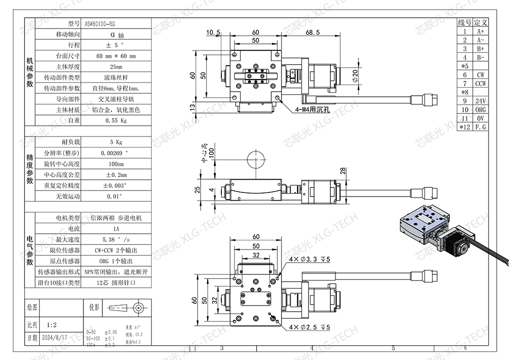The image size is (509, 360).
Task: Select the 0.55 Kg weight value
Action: [x=116, y=121]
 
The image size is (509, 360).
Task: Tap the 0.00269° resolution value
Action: [x=116, y=153]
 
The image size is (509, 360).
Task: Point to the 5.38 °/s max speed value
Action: [x=116, y=239]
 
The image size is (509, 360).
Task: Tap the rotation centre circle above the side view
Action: [x=255, y=160]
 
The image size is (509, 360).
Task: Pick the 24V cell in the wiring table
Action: [x=480, y=101]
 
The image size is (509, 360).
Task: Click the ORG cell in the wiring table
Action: [x=480, y=109]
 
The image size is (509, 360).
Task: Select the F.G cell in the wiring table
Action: [x=480, y=127]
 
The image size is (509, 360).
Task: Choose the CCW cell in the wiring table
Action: [x=480, y=83]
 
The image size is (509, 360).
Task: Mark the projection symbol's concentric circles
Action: [x=137, y=308]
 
